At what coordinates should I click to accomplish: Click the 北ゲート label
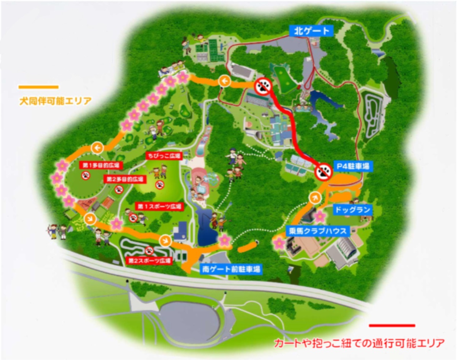click(312, 30)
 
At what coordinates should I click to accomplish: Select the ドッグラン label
click(352, 210)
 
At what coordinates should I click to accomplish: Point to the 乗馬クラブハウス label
click(317, 230)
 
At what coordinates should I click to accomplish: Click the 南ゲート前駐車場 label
click(231, 269)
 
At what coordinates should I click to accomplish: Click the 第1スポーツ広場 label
click(159, 206)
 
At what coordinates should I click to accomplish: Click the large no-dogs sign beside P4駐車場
click(324, 173)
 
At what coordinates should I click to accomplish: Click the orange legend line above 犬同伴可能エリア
click(38, 87)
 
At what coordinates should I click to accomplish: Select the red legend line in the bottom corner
click(392, 325)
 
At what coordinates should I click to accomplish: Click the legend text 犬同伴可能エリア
click(55, 101)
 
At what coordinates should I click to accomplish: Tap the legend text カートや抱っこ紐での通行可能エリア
click(359, 343)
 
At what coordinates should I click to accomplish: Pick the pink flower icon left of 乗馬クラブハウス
click(279, 242)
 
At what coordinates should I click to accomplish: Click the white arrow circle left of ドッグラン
click(315, 197)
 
